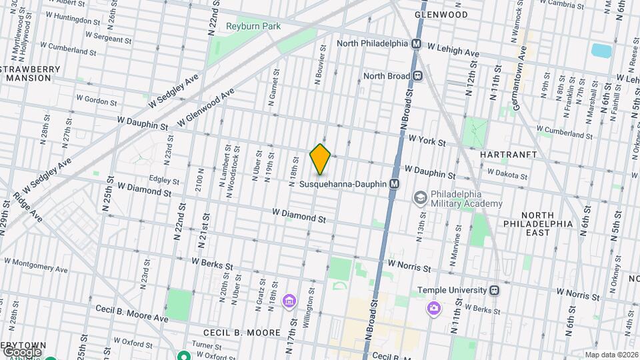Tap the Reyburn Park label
(x=253, y=27)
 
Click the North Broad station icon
(x=417, y=76)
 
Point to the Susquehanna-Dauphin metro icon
(x=395, y=183)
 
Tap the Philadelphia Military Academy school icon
(x=420, y=197)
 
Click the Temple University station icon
(x=495, y=290)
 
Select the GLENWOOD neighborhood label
(x=441, y=14)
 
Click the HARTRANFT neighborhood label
(x=508, y=154)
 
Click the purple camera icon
(x=434, y=308)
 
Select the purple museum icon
(x=289, y=301)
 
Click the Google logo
(x=21, y=351)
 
